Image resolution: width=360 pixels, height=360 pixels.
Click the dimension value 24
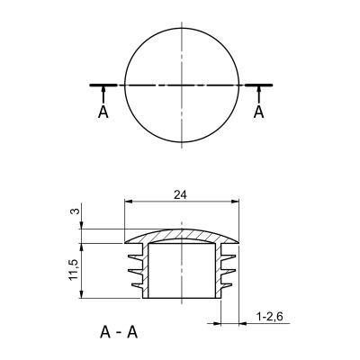click(x=180, y=195)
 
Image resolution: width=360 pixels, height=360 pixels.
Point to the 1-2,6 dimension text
click(x=270, y=317)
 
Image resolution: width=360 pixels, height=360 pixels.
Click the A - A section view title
click(x=119, y=333)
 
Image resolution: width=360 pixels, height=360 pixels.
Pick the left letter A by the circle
click(x=103, y=112)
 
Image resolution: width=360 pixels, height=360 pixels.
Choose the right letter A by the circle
click(x=258, y=112)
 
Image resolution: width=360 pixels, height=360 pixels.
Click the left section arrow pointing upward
click(x=103, y=94)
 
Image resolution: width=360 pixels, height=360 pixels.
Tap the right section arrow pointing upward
click(x=258, y=94)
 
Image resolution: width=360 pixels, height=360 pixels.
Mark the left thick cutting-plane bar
click(x=103, y=85)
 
